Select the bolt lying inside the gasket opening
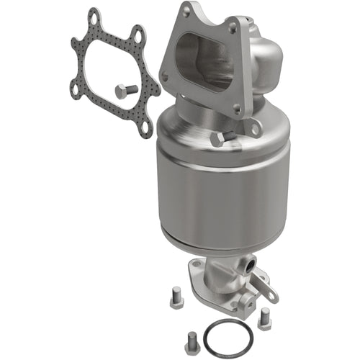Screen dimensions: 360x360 (125, 91)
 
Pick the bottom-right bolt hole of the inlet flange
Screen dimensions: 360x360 (237, 108)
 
